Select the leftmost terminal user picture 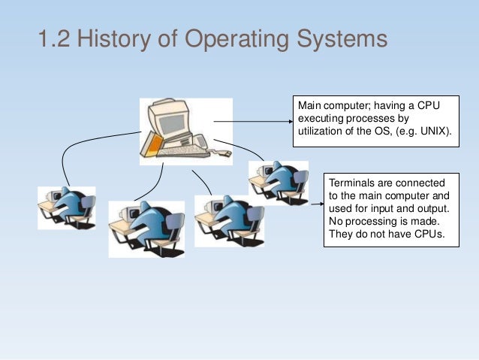coord(67,208)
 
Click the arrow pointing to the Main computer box coord(252,120)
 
